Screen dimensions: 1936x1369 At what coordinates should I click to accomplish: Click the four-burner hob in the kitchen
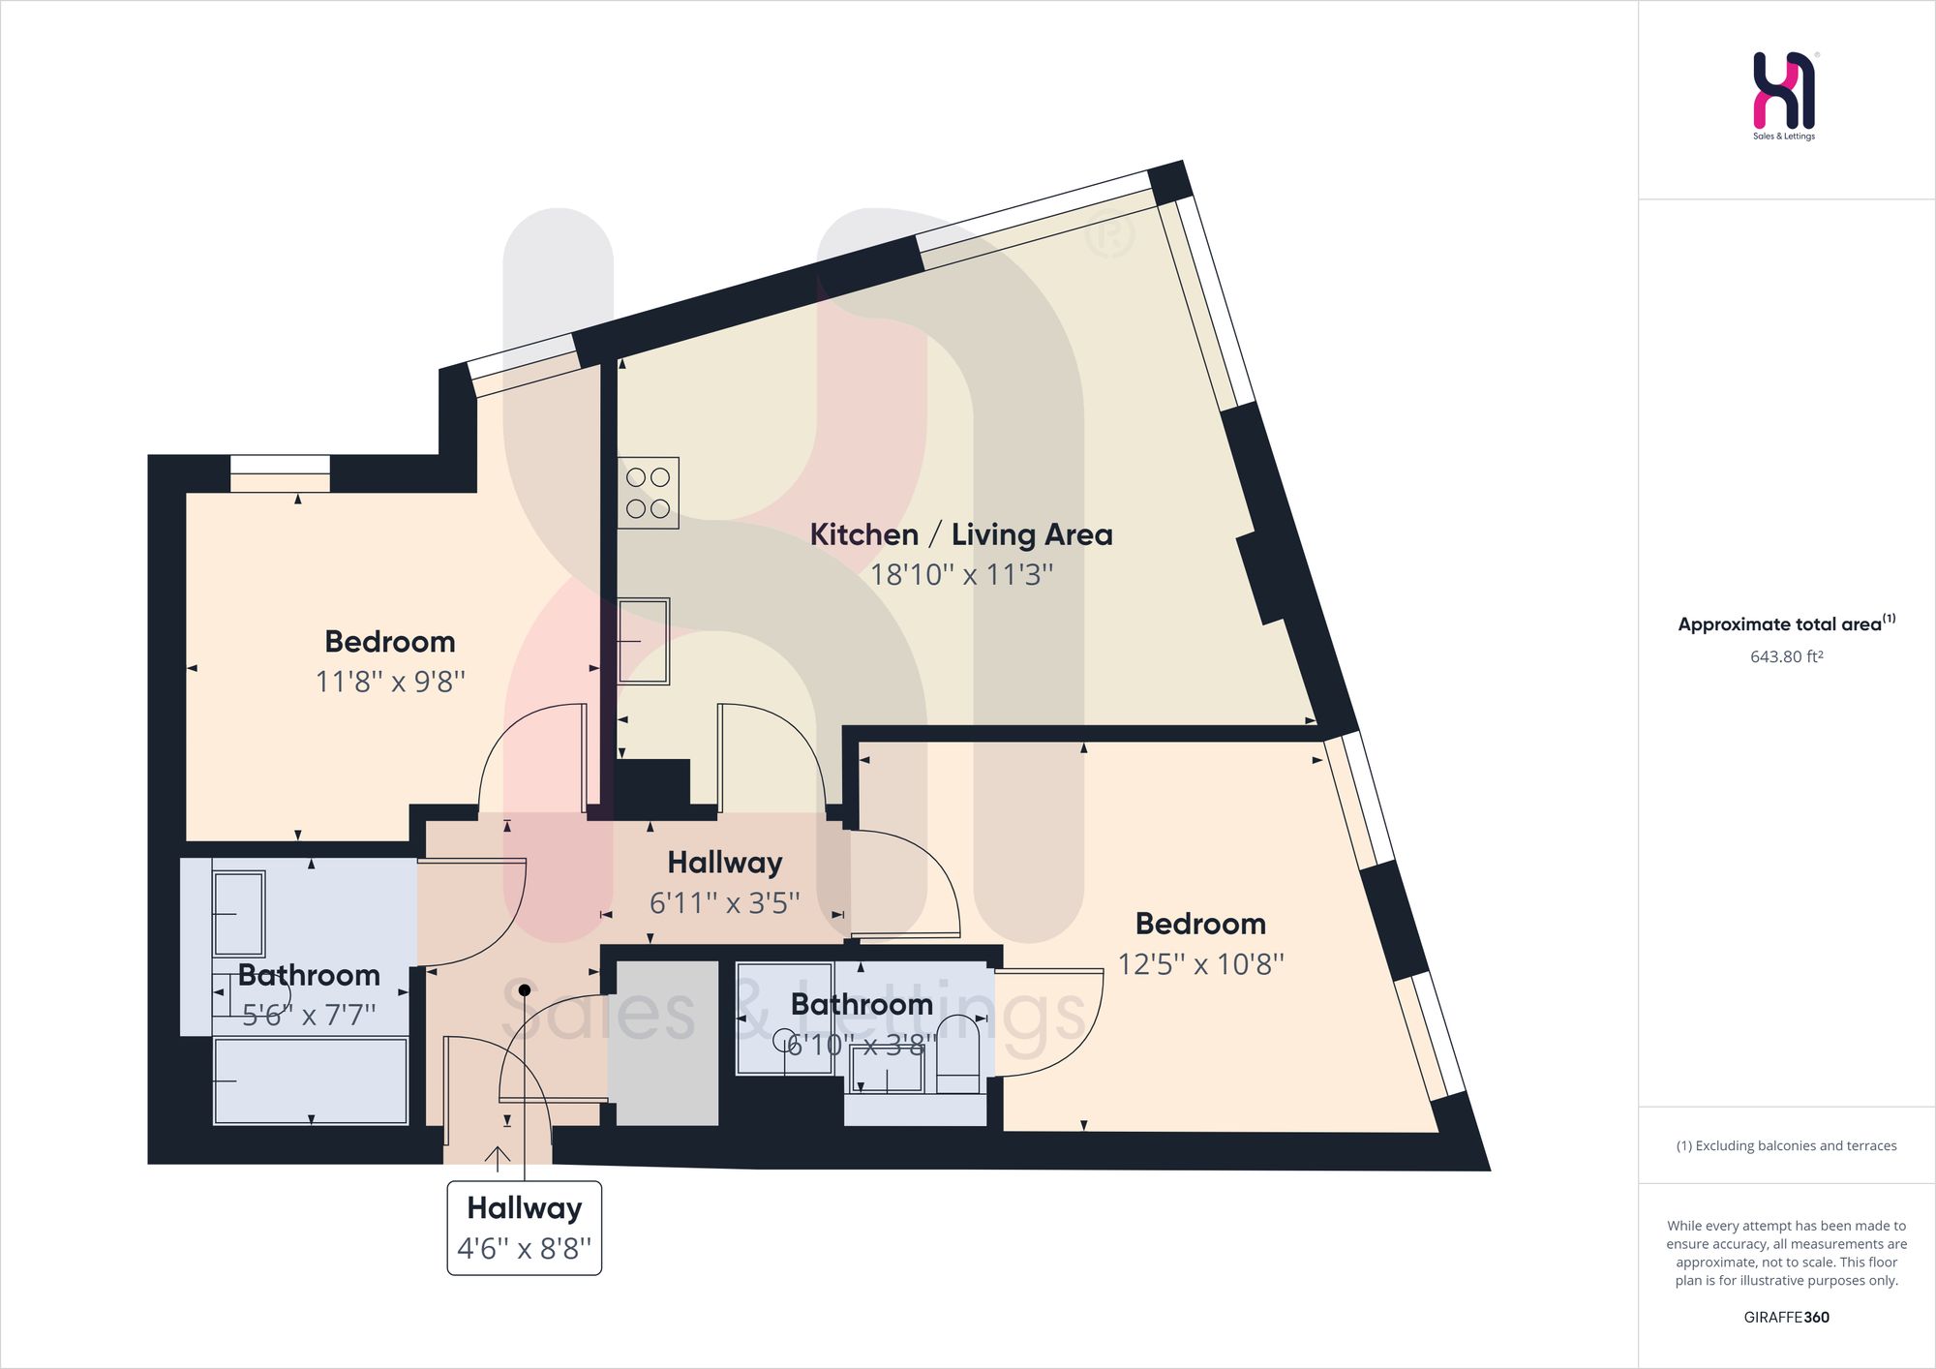[x=649, y=493]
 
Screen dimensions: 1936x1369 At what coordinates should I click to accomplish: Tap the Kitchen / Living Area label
[x=961, y=534]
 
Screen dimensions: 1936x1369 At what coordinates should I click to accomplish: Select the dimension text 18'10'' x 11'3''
[x=961, y=574]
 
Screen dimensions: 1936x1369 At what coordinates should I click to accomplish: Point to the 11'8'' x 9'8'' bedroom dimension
[x=390, y=682]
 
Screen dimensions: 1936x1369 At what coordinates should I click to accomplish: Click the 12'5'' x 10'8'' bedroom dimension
[x=1200, y=964]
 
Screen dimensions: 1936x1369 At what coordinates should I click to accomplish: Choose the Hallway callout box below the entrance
[x=525, y=1228]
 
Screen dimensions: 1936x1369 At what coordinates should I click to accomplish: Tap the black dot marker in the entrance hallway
[x=525, y=990]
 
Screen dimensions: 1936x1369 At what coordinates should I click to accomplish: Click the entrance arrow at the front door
[x=498, y=1157]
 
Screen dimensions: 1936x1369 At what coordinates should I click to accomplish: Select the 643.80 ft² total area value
[x=1787, y=656]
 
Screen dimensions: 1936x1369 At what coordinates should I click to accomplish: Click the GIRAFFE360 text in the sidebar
[x=1787, y=1317]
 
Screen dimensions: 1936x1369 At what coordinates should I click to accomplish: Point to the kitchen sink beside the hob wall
[x=644, y=641]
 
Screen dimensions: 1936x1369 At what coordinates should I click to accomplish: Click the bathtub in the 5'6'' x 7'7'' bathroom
[x=311, y=1081]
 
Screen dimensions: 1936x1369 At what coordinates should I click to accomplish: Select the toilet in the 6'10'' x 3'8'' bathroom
[x=958, y=1054]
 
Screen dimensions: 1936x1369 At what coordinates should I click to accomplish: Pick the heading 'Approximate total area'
[x=1780, y=624]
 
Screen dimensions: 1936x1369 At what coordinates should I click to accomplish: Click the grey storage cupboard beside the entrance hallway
[x=668, y=1043]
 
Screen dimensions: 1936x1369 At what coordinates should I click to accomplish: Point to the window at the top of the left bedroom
[x=280, y=473]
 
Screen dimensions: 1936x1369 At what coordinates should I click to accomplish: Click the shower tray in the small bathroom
[x=785, y=1018]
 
